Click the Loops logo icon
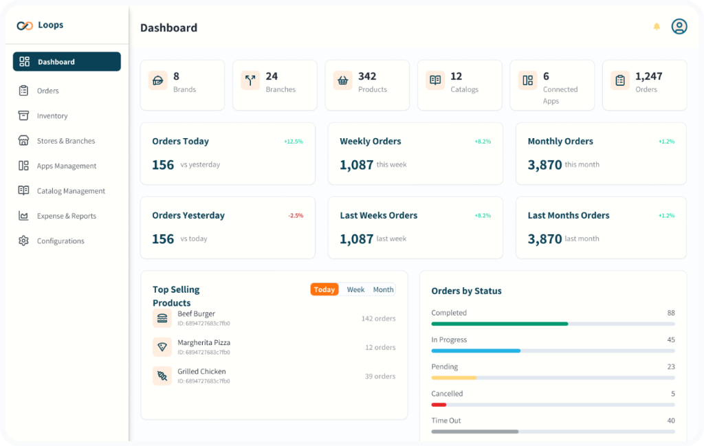[x=25, y=25]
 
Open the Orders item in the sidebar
[x=47, y=91]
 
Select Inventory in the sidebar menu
[x=52, y=116]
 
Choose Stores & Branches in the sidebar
[x=66, y=141]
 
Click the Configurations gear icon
[x=24, y=241]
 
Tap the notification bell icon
[x=657, y=27]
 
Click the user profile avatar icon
[x=679, y=27]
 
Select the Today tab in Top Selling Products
[x=324, y=290]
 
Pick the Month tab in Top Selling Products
[x=383, y=290]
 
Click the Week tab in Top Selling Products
[x=355, y=290]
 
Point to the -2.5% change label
[x=296, y=216]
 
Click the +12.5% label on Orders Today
[x=294, y=142]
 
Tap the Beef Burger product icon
[x=162, y=318]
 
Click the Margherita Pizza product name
[x=203, y=342]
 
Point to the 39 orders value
[x=380, y=377]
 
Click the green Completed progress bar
[x=499, y=324]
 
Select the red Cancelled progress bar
[x=439, y=405]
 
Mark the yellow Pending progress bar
[x=454, y=378]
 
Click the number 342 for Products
[x=367, y=76]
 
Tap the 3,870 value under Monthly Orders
[x=544, y=165]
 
